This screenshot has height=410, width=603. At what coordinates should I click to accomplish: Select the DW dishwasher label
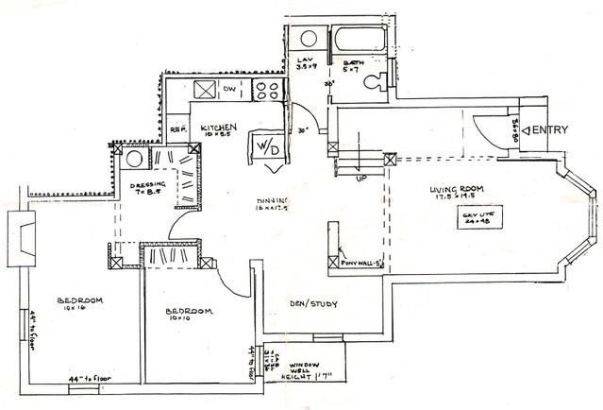[229, 91]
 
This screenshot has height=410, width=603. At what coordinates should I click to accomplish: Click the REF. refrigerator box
[179, 128]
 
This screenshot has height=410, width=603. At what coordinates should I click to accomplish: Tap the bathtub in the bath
[357, 42]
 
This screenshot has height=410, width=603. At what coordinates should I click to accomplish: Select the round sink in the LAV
[309, 40]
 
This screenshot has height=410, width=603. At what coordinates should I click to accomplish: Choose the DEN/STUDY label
[310, 303]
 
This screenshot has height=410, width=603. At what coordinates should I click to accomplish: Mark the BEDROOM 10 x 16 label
[80, 302]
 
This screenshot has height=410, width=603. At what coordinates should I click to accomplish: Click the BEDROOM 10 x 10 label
[189, 313]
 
